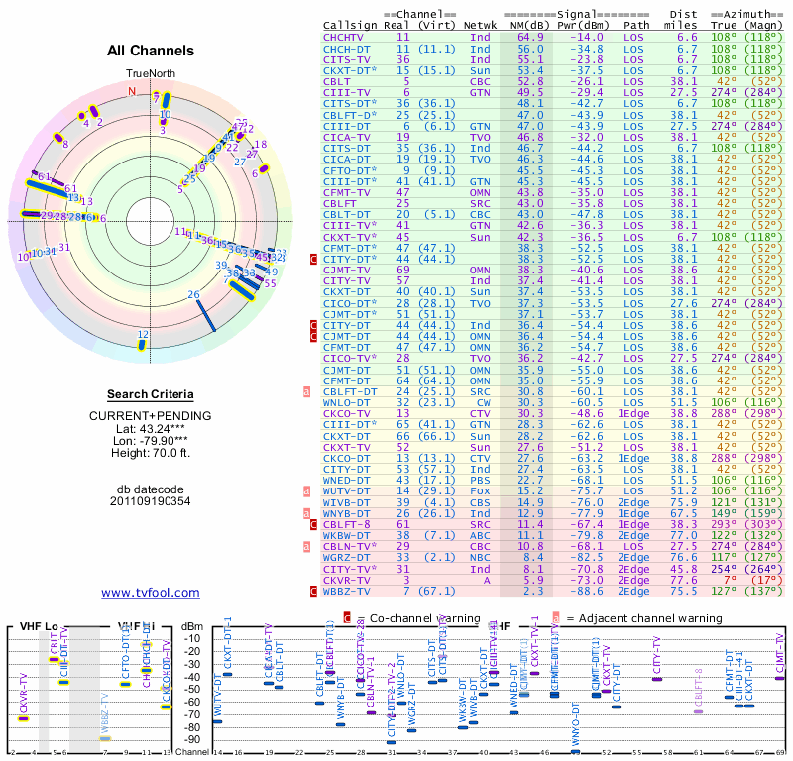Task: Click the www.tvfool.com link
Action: pos(151,593)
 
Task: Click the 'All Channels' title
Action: pos(151,51)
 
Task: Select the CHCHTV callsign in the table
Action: pos(344,37)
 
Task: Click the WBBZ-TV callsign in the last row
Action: pos(347,592)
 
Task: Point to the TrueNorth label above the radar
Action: pos(150,74)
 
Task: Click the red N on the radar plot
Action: pos(132,91)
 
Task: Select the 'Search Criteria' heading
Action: pos(151,394)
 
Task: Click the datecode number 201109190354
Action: pos(151,501)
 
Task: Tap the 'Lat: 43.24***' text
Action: pos(151,427)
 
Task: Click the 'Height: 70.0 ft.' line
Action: pos(151,454)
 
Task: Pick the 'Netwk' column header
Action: pos(481,26)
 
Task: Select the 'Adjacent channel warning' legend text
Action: pos(643,618)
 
